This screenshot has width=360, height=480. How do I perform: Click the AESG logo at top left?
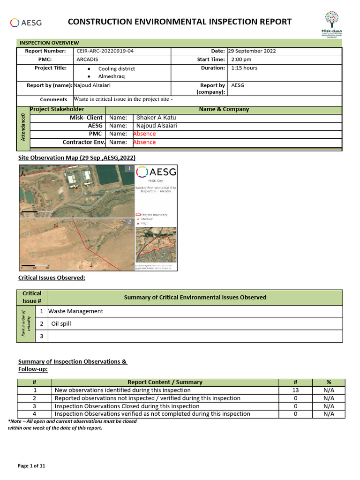point(26,22)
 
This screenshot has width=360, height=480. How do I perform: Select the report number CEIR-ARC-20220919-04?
point(108,51)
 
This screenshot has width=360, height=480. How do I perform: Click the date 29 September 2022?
point(252,51)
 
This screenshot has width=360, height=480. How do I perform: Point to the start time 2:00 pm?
point(241,60)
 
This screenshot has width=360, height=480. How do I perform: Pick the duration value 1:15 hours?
point(244,68)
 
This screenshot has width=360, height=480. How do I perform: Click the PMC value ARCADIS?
point(87,60)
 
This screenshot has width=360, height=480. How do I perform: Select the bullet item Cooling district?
point(116,68)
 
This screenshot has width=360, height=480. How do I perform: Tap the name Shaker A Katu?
point(157,118)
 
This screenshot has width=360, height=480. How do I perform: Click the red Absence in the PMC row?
point(144,134)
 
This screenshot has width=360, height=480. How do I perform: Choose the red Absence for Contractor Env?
point(144,142)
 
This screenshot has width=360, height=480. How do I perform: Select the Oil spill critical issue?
point(61,323)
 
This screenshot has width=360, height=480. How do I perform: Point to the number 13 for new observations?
point(295,390)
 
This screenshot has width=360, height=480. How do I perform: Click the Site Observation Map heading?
point(76,157)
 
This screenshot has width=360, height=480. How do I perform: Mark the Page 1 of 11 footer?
point(31,466)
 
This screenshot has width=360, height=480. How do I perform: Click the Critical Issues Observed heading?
point(52,278)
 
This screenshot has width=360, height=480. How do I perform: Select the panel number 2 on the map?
point(129,222)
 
